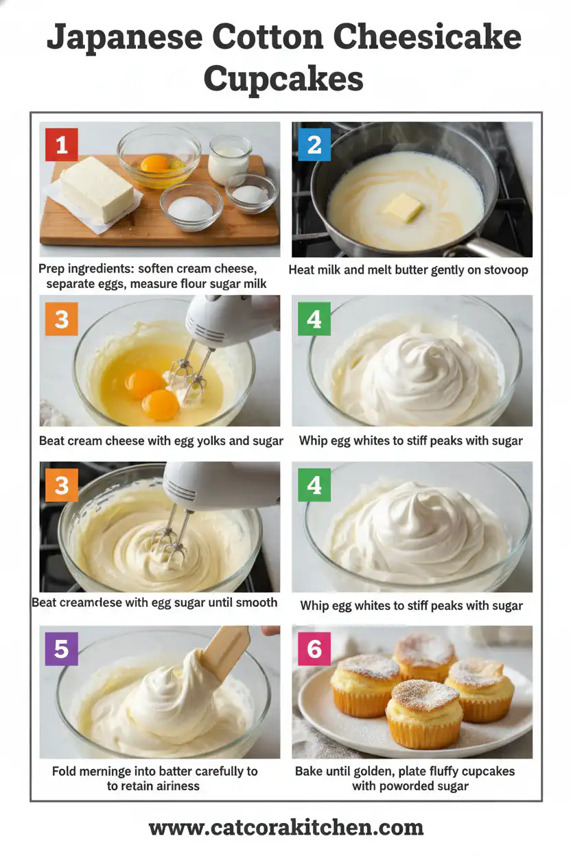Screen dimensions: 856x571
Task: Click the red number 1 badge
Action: click(x=62, y=145)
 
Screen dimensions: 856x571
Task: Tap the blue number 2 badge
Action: click(x=314, y=145)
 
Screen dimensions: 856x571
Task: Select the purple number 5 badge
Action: click(x=62, y=648)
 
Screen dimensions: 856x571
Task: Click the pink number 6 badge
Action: click(x=314, y=648)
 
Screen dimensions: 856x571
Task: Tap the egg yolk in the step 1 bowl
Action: click(x=154, y=163)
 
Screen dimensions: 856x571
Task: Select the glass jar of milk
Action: click(x=229, y=158)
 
